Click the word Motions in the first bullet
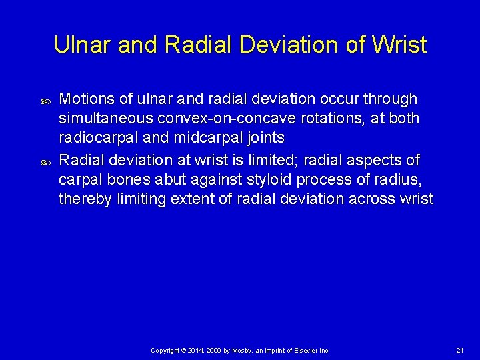[86, 99]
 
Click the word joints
[265, 137]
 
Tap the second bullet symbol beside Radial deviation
[47, 162]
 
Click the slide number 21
[459, 351]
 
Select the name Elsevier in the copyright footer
[307, 351]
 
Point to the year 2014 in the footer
[197, 351]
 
